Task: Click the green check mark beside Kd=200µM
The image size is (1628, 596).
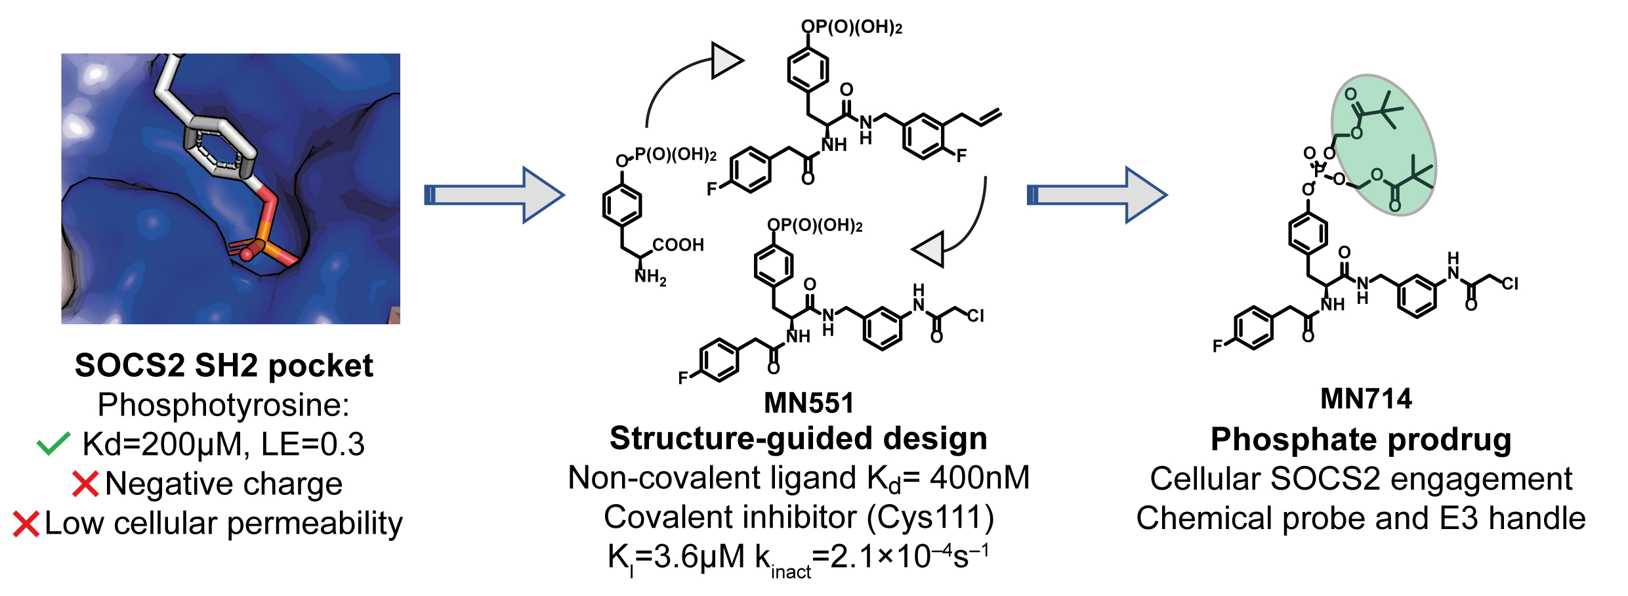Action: tap(53, 444)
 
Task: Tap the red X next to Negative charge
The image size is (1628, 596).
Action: tap(85, 484)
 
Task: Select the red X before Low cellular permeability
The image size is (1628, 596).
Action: tap(26, 524)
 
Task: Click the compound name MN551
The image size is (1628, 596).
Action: tap(809, 403)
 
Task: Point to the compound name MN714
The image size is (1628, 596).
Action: tap(1366, 399)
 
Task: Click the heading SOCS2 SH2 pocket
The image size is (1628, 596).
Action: tap(224, 366)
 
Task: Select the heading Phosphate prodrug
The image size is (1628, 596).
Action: tap(1361, 439)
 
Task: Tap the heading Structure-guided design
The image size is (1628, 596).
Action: tap(798, 438)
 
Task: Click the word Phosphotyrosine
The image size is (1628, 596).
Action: tap(223, 405)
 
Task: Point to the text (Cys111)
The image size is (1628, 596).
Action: tap(930, 517)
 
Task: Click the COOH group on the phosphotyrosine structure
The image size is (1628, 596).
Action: tap(678, 245)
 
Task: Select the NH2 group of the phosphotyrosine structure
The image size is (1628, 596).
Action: tap(650, 278)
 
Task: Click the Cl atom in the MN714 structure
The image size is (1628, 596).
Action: tap(1510, 284)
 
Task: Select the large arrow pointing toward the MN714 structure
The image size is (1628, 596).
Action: tap(1096, 195)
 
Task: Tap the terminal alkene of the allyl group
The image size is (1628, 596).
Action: tap(990, 117)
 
